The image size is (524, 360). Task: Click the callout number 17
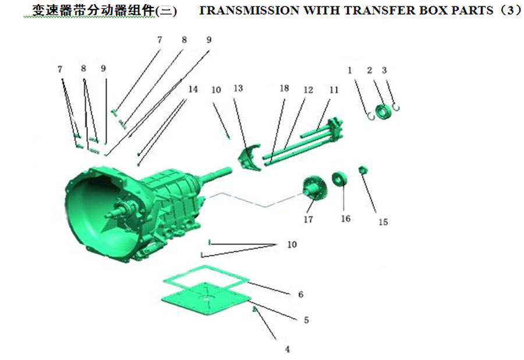(x=308, y=220)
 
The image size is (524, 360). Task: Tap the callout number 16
(x=345, y=218)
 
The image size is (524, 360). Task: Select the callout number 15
(x=383, y=222)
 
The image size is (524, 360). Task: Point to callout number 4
(x=288, y=350)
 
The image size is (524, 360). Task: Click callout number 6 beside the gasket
(x=301, y=295)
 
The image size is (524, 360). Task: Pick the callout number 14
(x=193, y=89)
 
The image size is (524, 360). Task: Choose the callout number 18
(x=284, y=88)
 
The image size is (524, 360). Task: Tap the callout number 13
(x=238, y=88)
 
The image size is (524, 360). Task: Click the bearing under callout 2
(x=383, y=111)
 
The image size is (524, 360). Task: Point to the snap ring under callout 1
(x=371, y=117)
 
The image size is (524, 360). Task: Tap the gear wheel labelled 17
(x=314, y=188)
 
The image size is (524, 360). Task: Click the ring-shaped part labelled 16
(x=339, y=179)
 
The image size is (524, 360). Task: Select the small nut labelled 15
(x=363, y=170)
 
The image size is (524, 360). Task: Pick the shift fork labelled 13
(x=250, y=158)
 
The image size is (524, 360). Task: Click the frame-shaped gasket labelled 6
(x=206, y=278)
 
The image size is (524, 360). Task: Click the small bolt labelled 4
(x=254, y=309)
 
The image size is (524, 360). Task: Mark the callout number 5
(x=306, y=320)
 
